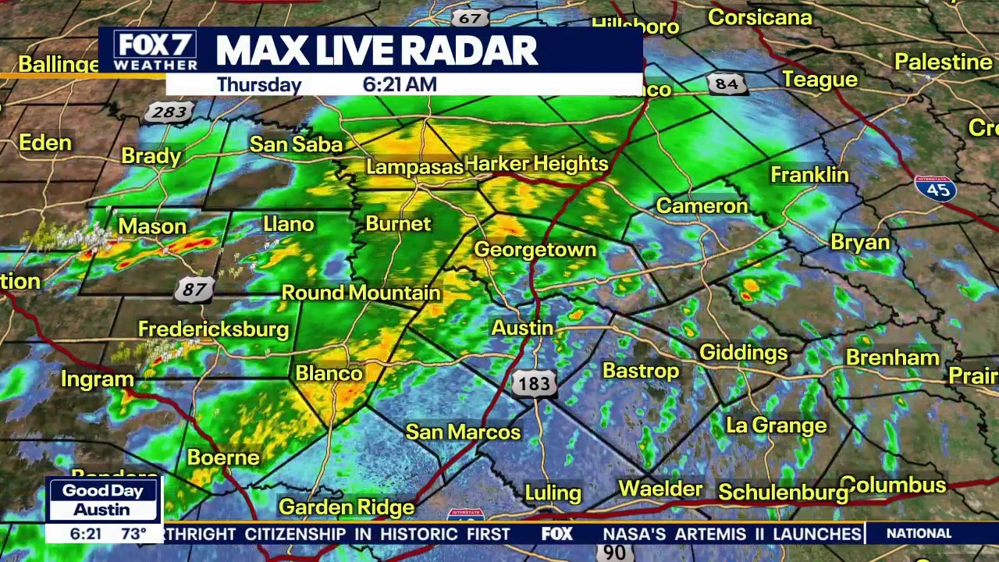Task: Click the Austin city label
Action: (x=522, y=328)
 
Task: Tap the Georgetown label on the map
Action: (x=535, y=250)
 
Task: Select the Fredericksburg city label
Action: (x=213, y=329)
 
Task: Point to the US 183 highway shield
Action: (x=535, y=383)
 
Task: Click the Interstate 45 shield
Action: (x=936, y=189)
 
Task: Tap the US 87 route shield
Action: (x=194, y=290)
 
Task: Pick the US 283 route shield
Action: (x=169, y=112)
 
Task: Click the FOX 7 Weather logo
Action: (x=155, y=52)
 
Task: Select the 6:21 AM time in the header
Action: (x=400, y=84)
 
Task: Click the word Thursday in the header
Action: (x=259, y=84)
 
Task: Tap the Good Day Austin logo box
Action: (x=102, y=500)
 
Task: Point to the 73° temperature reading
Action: (x=133, y=534)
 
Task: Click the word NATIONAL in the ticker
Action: (x=919, y=534)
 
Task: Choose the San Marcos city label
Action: (x=463, y=432)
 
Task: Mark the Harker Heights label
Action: (x=536, y=164)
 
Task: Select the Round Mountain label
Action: (x=361, y=293)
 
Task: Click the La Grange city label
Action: (x=776, y=425)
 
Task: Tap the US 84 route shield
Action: (x=725, y=84)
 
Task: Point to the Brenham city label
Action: (x=892, y=357)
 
